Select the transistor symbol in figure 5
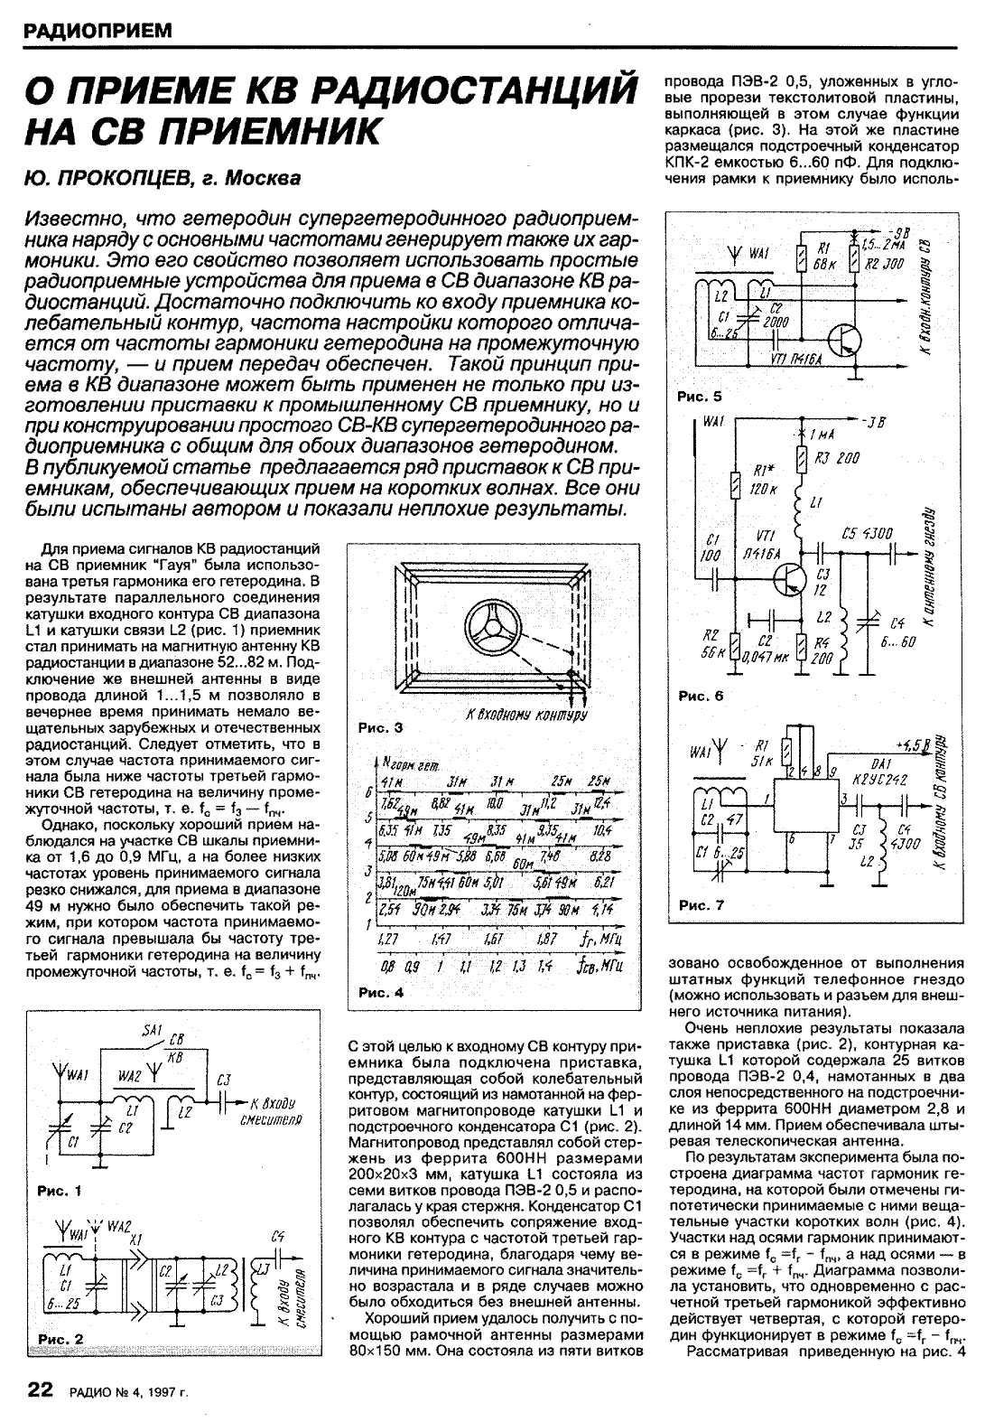843,341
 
